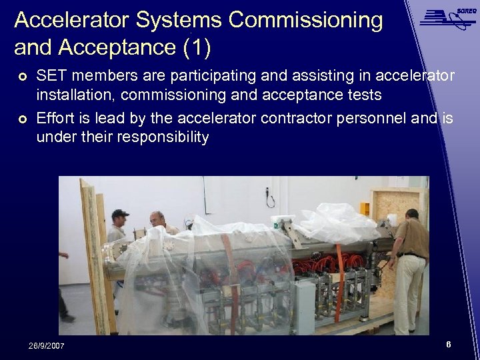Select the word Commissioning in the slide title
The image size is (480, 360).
pos(305,21)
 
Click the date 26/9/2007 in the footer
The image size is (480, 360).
pos(46,346)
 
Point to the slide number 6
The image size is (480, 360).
pos(449,345)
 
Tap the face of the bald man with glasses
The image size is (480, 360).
pos(157,221)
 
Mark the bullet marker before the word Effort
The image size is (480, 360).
pos(22,119)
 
